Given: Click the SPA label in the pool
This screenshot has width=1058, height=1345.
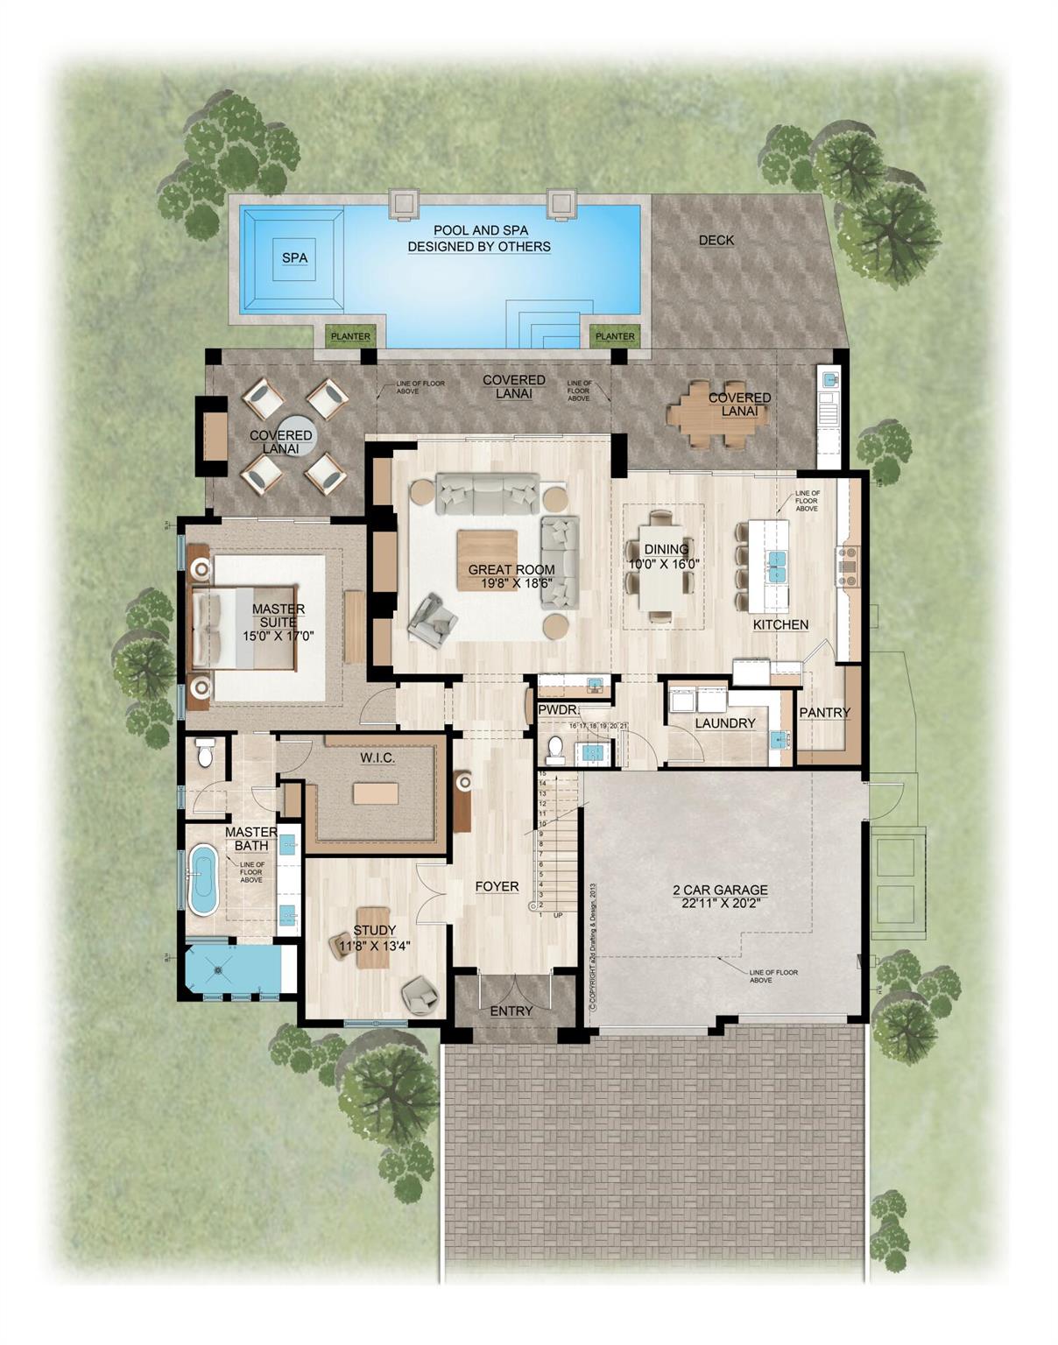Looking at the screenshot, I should [294, 257].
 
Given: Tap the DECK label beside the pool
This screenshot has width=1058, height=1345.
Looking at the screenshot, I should [716, 240].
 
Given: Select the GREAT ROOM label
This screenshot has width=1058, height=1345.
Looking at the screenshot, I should [511, 569].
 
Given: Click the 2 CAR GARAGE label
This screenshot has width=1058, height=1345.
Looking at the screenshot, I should [720, 891].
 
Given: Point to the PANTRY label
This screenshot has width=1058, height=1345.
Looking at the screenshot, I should [824, 712].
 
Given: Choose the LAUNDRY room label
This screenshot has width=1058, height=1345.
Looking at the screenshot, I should [724, 722].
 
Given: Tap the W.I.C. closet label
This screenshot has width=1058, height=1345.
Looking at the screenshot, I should [377, 757].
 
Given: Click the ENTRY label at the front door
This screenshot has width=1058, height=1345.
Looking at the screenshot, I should [511, 1011].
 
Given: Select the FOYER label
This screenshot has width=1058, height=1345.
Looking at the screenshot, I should [497, 886].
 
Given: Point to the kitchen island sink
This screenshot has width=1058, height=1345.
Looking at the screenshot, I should [777, 567].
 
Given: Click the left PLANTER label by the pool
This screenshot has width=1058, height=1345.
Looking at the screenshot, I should [349, 336].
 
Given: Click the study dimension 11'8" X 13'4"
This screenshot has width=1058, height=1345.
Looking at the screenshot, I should [375, 945].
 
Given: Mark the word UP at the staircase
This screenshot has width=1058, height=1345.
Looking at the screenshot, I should [558, 914].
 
